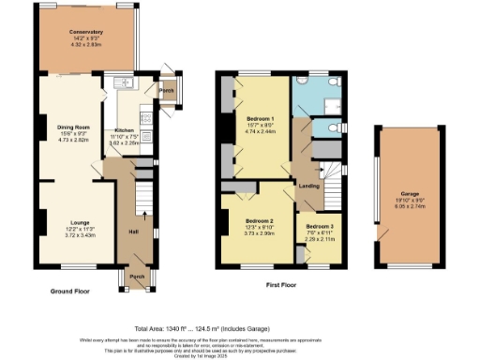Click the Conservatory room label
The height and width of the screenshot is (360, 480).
click(85, 32)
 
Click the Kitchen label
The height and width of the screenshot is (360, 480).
click(126, 131)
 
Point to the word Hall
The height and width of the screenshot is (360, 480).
click(132, 231)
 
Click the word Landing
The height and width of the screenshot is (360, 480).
click(309, 186)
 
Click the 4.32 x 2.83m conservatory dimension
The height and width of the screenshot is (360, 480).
click(85, 44)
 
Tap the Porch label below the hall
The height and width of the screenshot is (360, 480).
click(136, 277)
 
